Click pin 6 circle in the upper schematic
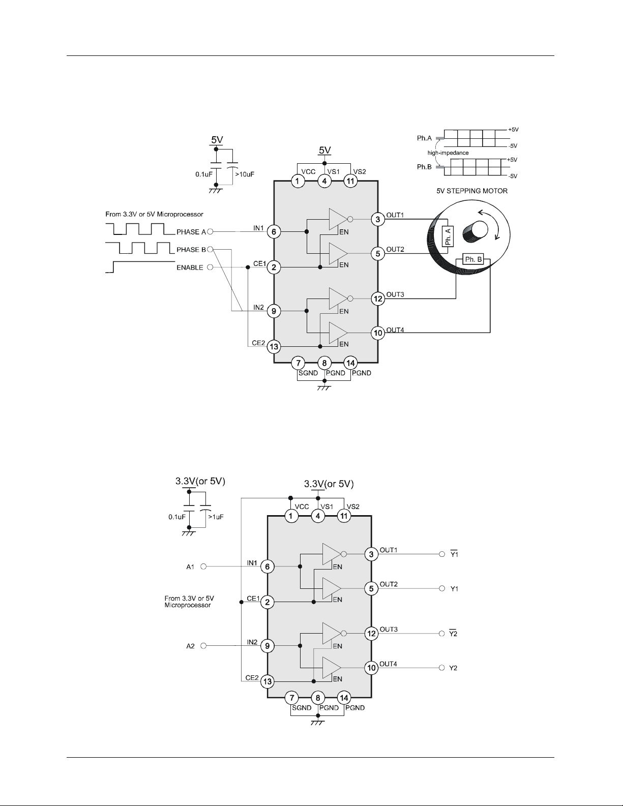[x=274, y=232]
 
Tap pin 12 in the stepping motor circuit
[x=378, y=298]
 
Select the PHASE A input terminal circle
[x=210, y=232]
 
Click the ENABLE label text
[x=190, y=267]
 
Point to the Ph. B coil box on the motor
[x=473, y=260]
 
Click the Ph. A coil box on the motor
[x=448, y=236]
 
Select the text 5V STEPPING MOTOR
[x=472, y=191]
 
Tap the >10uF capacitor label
[x=245, y=174]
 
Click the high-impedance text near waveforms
[x=448, y=153]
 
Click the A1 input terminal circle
[x=203, y=566]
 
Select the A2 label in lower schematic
[x=190, y=646]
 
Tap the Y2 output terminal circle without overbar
[x=441, y=668]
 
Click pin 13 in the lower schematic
[x=267, y=681]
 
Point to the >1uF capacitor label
[x=216, y=517]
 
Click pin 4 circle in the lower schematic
[x=318, y=516]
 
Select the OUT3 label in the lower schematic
[x=389, y=630]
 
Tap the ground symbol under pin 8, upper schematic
[x=324, y=388]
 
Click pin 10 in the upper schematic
[x=378, y=333]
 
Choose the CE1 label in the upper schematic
[x=259, y=263]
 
